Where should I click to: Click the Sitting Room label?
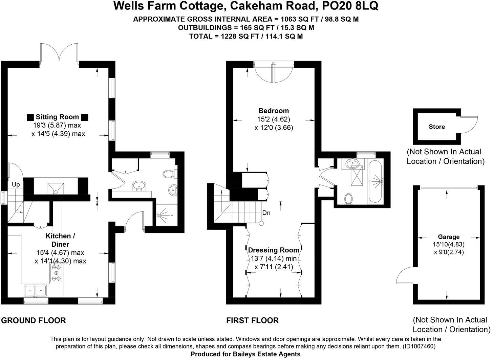(x=57, y=117)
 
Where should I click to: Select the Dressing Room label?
(x=274, y=250)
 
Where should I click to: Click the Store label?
(x=436, y=127)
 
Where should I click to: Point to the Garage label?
(x=449, y=237)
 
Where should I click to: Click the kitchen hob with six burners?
(x=56, y=273)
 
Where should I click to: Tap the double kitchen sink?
(x=35, y=290)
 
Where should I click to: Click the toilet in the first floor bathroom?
(x=348, y=199)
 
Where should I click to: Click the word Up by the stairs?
(x=16, y=185)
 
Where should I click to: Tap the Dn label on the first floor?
(x=266, y=213)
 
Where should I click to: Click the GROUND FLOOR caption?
(x=34, y=320)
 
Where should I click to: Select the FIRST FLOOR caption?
(x=253, y=320)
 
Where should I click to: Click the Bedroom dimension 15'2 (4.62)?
(x=274, y=119)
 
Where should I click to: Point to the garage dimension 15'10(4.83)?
(x=449, y=244)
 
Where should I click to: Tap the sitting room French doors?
(x=60, y=53)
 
